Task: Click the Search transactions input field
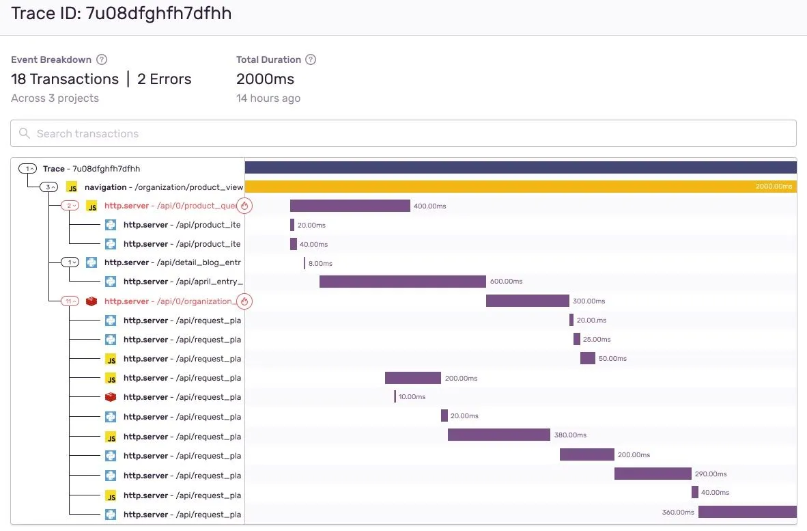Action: (x=403, y=133)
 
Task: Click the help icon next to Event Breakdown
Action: (x=102, y=59)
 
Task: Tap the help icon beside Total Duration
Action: (x=311, y=59)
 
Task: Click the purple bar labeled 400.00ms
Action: (x=350, y=206)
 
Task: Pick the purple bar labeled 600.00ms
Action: (x=402, y=282)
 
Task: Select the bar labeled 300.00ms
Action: (x=527, y=301)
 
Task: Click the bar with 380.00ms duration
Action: (x=498, y=435)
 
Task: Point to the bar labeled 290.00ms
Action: (x=653, y=474)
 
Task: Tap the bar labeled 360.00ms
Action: (x=747, y=512)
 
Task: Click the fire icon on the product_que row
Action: (x=244, y=206)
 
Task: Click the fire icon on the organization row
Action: (x=244, y=301)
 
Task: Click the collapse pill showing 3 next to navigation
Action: (x=49, y=187)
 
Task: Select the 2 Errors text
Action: (x=164, y=79)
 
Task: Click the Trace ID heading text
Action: (x=121, y=14)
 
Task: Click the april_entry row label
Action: (x=183, y=282)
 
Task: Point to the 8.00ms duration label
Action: (x=320, y=263)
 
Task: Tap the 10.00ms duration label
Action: (x=412, y=397)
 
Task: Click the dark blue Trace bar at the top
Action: (x=520, y=167)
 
